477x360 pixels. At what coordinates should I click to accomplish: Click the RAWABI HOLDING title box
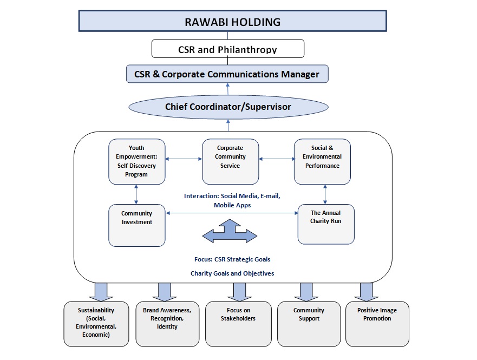[x=233, y=22]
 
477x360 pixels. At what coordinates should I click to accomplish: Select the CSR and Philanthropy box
[x=227, y=49]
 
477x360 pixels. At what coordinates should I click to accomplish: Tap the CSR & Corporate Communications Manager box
[x=227, y=74]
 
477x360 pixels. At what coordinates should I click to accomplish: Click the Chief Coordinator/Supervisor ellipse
[x=227, y=107]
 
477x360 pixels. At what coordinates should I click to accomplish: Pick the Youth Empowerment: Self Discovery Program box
[x=136, y=161]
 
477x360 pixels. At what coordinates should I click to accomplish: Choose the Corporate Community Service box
[x=230, y=161]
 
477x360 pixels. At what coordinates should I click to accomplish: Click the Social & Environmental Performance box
[x=322, y=161]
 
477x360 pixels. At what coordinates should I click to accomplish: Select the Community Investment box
[x=136, y=225]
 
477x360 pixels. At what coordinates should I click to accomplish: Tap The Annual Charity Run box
[x=326, y=224]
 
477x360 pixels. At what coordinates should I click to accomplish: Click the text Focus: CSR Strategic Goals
[x=232, y=259]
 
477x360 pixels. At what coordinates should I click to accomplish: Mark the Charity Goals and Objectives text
[x=232, y=273]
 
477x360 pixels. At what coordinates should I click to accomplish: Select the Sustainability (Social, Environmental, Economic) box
[x=96, y=324]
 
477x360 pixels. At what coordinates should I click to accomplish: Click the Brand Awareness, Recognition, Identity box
[x=167, y=324]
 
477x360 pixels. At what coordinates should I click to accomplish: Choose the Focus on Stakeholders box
[x=238, y=324]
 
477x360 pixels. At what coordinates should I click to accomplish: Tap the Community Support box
[x=309, y=324]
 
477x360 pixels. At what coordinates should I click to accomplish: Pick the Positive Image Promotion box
[x=377, y=324]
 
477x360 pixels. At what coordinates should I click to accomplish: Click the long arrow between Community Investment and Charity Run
[x=233, y=213]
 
